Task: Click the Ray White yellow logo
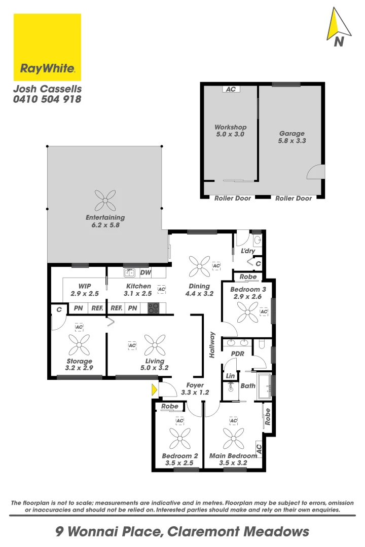(x=47, y=47)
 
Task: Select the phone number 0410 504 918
(x=47, y=100)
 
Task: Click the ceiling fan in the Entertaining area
(x=105, y=201)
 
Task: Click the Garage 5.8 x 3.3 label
(x=292, y=137)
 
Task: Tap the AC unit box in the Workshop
(x=231, y=89)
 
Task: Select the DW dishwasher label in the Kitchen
(x=145, y=273)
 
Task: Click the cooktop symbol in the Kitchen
(x=154, y=307)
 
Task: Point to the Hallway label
(x=212, y=345)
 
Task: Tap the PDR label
(x=237, y=353)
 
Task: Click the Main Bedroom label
(x=233, y=456)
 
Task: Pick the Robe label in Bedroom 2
(x=170, y=406)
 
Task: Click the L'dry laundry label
(x=248, y=251)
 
